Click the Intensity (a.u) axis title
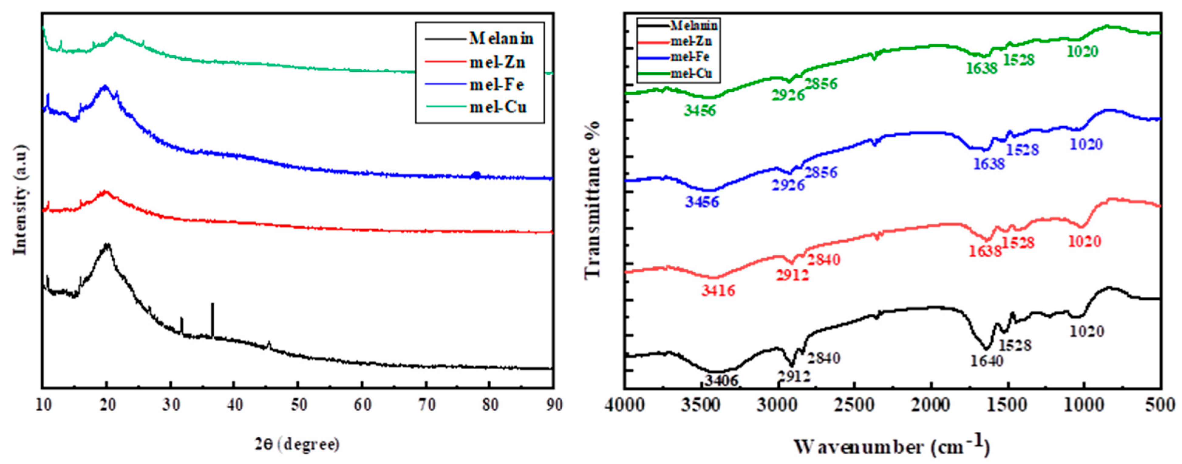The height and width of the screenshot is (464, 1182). pyautogui.click(x=21, y=200)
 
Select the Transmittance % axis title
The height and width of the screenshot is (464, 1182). pyautogui.click(x=593, y=200)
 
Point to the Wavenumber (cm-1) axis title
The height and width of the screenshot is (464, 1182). pyautogui.click(x=892, y=446)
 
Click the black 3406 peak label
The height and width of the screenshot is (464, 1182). pyautogui.click(x=721, y=380)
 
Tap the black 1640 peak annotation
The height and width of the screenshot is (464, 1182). pyautogui.click(x=986, y=361)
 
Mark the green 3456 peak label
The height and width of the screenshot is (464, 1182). pyautogui.click(x=700, y=111)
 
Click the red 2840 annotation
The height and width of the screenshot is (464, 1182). pyautogui.click(x=824, y=260)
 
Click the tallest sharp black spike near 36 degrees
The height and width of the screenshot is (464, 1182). pyautogui.click(x=212, y=317)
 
